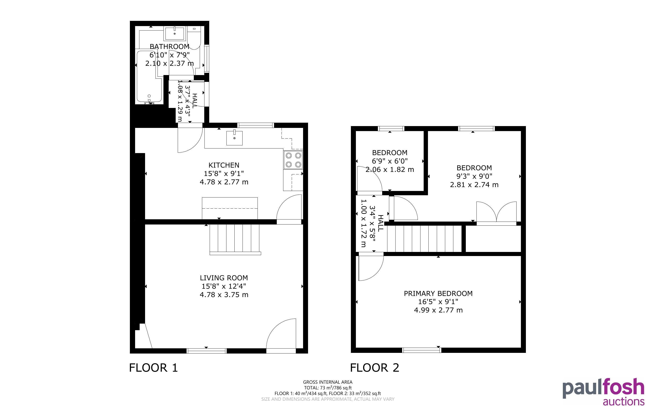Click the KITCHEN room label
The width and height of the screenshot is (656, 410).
(x=224, y=165)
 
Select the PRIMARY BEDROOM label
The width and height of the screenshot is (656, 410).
(x=438, y=293)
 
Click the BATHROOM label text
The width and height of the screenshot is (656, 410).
(x=169, y=47)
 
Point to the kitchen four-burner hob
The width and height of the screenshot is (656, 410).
(x=293, y=160)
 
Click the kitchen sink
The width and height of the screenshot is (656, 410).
(x=234, y=137)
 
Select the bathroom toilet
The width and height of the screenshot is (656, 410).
(x=194, y=38)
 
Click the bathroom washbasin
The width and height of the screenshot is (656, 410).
(x=175, y=33)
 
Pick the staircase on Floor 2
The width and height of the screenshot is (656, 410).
(x=424, y=239)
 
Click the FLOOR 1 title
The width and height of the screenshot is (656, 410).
(x=153, y=368)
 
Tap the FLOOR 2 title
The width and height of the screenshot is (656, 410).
(x=375, y=368)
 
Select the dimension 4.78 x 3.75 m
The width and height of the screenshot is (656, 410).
(x=224, y=295)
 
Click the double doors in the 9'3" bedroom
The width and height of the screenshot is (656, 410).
(x=497, y=213)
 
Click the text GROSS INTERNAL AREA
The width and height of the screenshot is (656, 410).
(x=328, y=382)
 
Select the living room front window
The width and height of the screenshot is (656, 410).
(x=207, y=351)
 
